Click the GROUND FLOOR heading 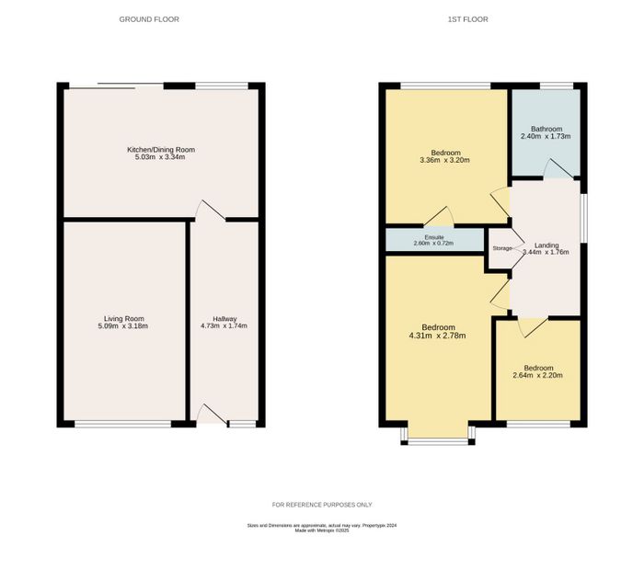tap(149, 19)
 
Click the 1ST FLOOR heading tap(467, 19)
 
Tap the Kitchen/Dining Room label tap(161, 150)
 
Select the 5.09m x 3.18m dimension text tap(122, 326)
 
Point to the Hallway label tap(224, 319)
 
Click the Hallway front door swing tap(213, 415)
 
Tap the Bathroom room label tap(546, 129)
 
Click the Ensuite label tap(433, 237)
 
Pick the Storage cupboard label tap(502, 248)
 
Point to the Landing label tap(546, 245)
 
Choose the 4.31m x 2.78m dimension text tap(437, 336)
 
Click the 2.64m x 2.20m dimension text tap(538, 375)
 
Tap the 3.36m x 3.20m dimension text tap(444, 160)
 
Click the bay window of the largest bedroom tap(438, 441)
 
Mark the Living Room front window tap(122, 424)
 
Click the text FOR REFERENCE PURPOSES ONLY tap(322, 505)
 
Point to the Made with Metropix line tap(322, 530)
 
